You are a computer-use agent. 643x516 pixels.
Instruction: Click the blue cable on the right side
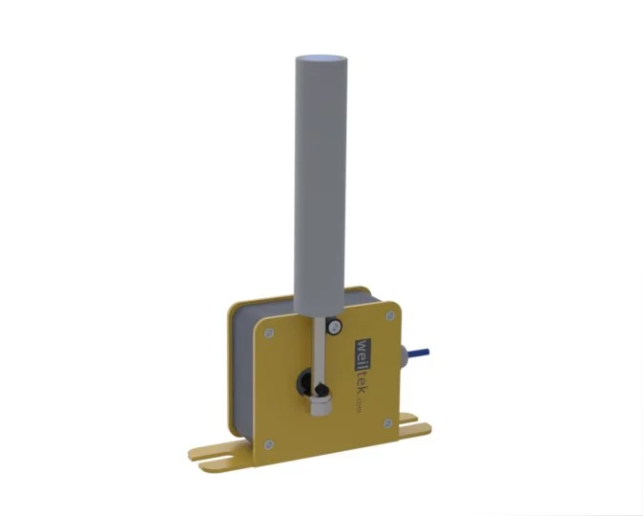(x=418, y=353)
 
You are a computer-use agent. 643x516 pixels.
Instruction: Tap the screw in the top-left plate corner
(x=269, y=333)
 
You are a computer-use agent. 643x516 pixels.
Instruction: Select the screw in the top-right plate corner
(x=390, y=315)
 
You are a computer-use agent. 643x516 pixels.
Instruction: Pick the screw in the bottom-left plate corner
(x=269, y=444)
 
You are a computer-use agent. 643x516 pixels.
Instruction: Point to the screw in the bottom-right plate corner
(x=387, y=423)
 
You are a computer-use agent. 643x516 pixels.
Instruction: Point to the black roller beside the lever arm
(x=335, y=327)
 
